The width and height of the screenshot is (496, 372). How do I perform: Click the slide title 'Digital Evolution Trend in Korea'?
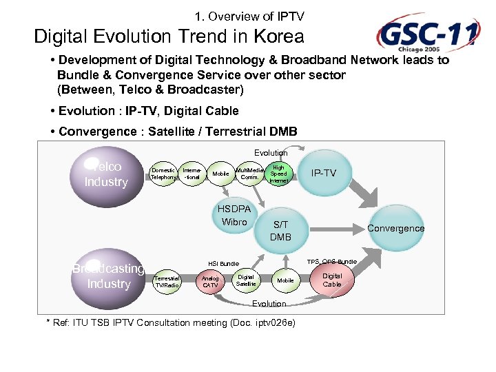[x=169, y=36]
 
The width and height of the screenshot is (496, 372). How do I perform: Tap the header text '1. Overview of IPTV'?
[x=249, y=16]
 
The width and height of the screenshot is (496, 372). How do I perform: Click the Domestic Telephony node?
[x=163, y=173]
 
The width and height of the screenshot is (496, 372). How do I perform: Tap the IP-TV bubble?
[x=324, y=173]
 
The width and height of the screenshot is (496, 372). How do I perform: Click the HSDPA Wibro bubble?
[x=234, y=216]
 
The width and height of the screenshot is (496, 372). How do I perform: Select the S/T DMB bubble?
[x=280, y=231]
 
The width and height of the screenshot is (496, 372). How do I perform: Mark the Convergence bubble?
[x=395, y=228]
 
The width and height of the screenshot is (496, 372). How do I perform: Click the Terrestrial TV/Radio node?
[x=166, y=280]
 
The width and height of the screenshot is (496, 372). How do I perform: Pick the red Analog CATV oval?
[x=211, y=281]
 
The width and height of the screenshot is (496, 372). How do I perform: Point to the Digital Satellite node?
[x=246, y=280]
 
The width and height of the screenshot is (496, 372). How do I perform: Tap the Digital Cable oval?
[x=332, y=280]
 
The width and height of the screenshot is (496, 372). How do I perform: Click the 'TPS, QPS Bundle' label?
[x=332, y=262]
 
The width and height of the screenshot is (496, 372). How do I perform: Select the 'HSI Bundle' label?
[x=224, y=263]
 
